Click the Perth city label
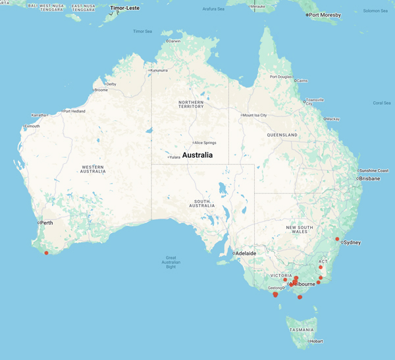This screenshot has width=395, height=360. click(x=47, y=223)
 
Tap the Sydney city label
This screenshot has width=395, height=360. click(x=352, y=242)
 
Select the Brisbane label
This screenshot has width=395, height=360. click(x=369, y=178)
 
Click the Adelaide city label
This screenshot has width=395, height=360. click(x=246, y=253)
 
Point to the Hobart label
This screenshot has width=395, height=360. click(x=316, y=342)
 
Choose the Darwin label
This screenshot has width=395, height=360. click(x=174, y=41)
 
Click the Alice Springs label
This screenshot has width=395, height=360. click(x=205, y=143)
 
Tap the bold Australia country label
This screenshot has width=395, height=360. click(x=197, y=155)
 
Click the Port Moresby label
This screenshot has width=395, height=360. click(x=325, y=14)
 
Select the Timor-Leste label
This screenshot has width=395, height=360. click(x=124, y=9)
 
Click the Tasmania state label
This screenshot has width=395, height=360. click(x=301, y=330)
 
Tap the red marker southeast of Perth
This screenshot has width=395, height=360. click(x=47, y=253)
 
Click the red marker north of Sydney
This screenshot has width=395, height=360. click(x=337, y=239)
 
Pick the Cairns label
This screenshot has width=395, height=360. click(x=302, y=81)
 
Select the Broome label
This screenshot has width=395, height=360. click(x=101, y=90)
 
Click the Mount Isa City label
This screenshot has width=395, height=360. click(x=255, y=115)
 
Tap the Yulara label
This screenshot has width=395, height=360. click(x=174, y=157)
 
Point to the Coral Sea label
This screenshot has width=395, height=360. click(x=382, y=103)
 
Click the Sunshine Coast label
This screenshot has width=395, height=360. click(x=374, y=170)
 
